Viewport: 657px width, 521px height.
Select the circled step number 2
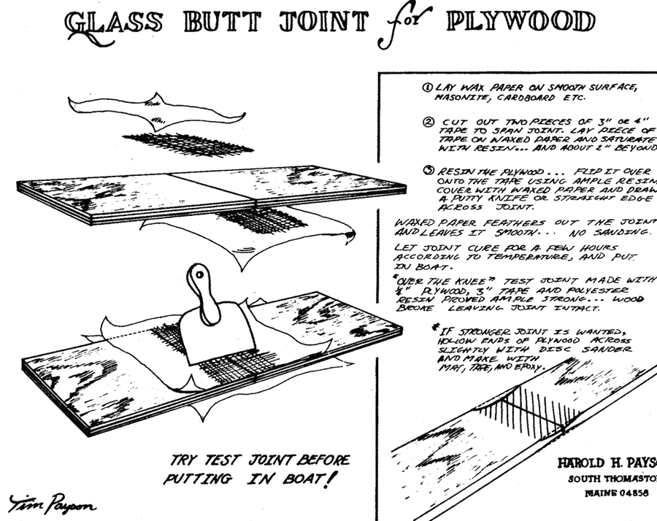pyautogui.click(x=430, y=121)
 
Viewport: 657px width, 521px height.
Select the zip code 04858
pyautogui.click(x=627, y=493)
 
